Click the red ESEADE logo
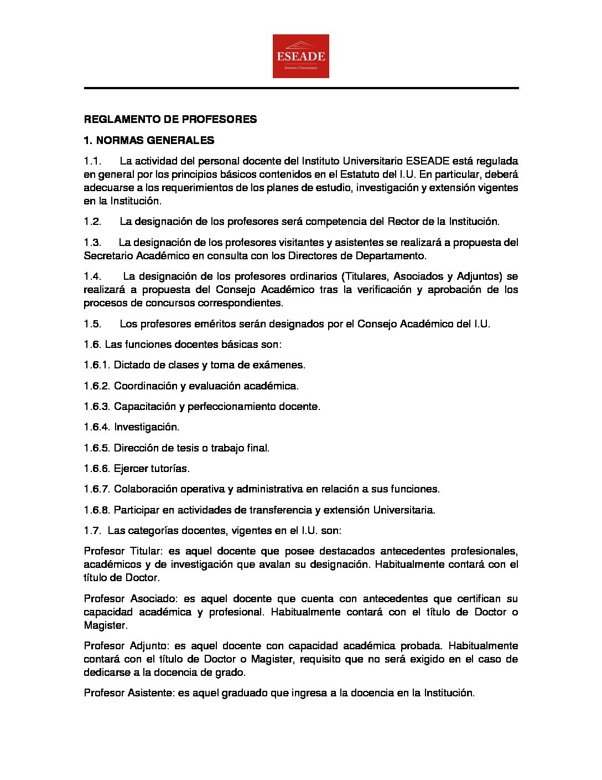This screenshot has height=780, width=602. (x=300, y=56)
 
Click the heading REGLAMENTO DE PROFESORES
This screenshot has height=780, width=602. (x=170, y=119)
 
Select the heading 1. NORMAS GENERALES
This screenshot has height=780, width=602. (x=149, y=140)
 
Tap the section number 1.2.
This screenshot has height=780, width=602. (x=92, y=222)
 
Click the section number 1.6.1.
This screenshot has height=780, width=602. (x=97, y=365)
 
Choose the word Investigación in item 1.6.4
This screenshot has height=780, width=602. (x=147, y=427)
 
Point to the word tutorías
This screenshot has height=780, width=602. (x=170, y=469)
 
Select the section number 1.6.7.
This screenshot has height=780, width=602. (x=97, y=489)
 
